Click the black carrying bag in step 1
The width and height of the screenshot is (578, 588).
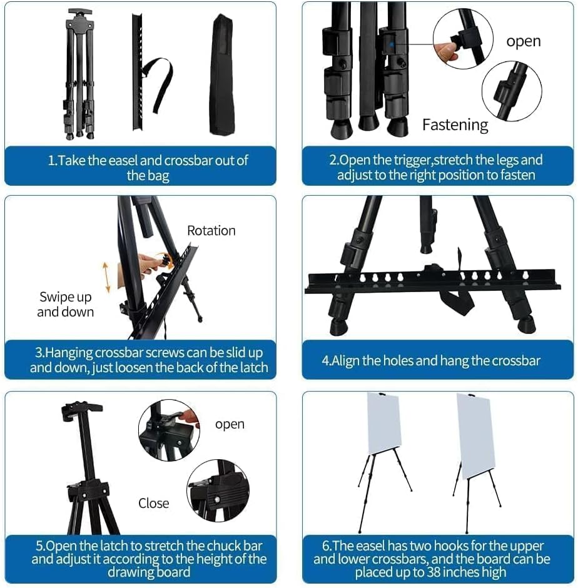[x=222, y=74]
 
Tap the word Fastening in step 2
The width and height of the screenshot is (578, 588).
[x=455, y=125]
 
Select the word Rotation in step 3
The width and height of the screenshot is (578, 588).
[x=211, y=231]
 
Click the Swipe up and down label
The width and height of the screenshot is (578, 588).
[x=65, y=304]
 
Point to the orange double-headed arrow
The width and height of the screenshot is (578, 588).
[x=106, y=277]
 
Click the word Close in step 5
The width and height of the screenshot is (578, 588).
[x=153, y=504]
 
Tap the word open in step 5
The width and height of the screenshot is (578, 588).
[x=230, y=425]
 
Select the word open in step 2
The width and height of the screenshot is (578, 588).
[x=523, y=41]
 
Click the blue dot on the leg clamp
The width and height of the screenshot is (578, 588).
[x=392, y=44]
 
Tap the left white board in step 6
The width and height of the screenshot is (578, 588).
[x=383, y=423]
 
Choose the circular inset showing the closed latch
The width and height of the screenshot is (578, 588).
[x=218, y=490]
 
